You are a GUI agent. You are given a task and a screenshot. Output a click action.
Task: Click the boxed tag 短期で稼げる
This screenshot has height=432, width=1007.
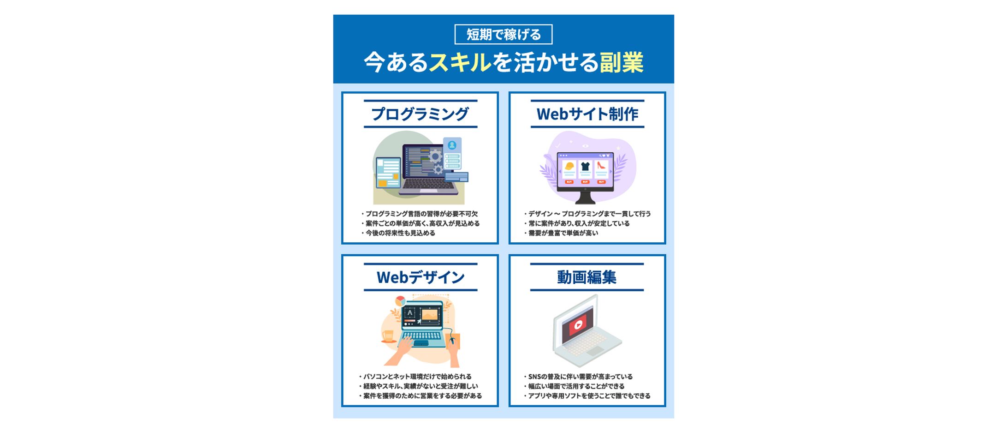pos(503,35)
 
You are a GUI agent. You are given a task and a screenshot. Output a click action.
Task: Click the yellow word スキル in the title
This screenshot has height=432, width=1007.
pos(460,62)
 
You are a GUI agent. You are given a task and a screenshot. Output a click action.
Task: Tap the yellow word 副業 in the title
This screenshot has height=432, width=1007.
pos(621,62)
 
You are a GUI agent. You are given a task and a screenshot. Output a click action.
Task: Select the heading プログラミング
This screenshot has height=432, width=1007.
pos(420,114)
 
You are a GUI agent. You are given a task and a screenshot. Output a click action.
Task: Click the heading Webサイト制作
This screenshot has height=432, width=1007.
pos(587,114)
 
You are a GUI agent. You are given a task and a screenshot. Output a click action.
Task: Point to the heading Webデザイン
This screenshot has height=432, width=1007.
pos(420,277)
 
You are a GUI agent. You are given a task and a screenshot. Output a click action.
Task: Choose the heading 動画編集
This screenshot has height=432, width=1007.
pos(586,277)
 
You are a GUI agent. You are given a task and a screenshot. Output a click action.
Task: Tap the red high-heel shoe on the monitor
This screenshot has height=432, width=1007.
pos(601,166)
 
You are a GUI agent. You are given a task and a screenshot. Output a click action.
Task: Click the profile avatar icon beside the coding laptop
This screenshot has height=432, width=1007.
pos(452,145)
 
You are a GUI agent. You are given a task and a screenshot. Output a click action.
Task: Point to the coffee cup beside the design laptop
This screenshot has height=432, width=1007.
pos(388,336)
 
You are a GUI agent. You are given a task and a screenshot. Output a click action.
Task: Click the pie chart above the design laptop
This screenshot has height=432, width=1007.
pos(400,301)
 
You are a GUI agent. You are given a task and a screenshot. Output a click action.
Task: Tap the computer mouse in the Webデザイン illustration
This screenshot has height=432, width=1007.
pos(452,341)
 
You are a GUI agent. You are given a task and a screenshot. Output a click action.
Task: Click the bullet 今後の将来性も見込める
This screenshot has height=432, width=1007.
pos(400,233)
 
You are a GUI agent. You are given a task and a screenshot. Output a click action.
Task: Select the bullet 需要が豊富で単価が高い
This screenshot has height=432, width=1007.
pos(563,233)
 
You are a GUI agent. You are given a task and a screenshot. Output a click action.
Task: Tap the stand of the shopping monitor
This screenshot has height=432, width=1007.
pos(585,197)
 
